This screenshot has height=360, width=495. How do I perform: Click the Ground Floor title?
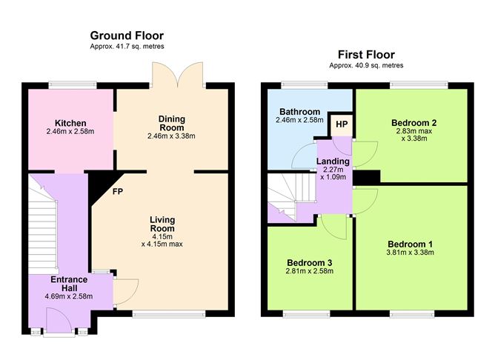click(127, 35)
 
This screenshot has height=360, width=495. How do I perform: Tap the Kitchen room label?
click(70, 122)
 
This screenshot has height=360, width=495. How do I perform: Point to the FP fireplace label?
click(118, 191)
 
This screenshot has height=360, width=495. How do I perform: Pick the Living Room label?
click(161, 224)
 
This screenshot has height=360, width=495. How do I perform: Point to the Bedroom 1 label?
click(410, 244)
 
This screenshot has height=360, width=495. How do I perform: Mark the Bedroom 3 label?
click(310, 262)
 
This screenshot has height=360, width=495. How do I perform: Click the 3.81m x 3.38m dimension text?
click(410, 253)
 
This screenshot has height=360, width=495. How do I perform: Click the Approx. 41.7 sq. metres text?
click(127, 46)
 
